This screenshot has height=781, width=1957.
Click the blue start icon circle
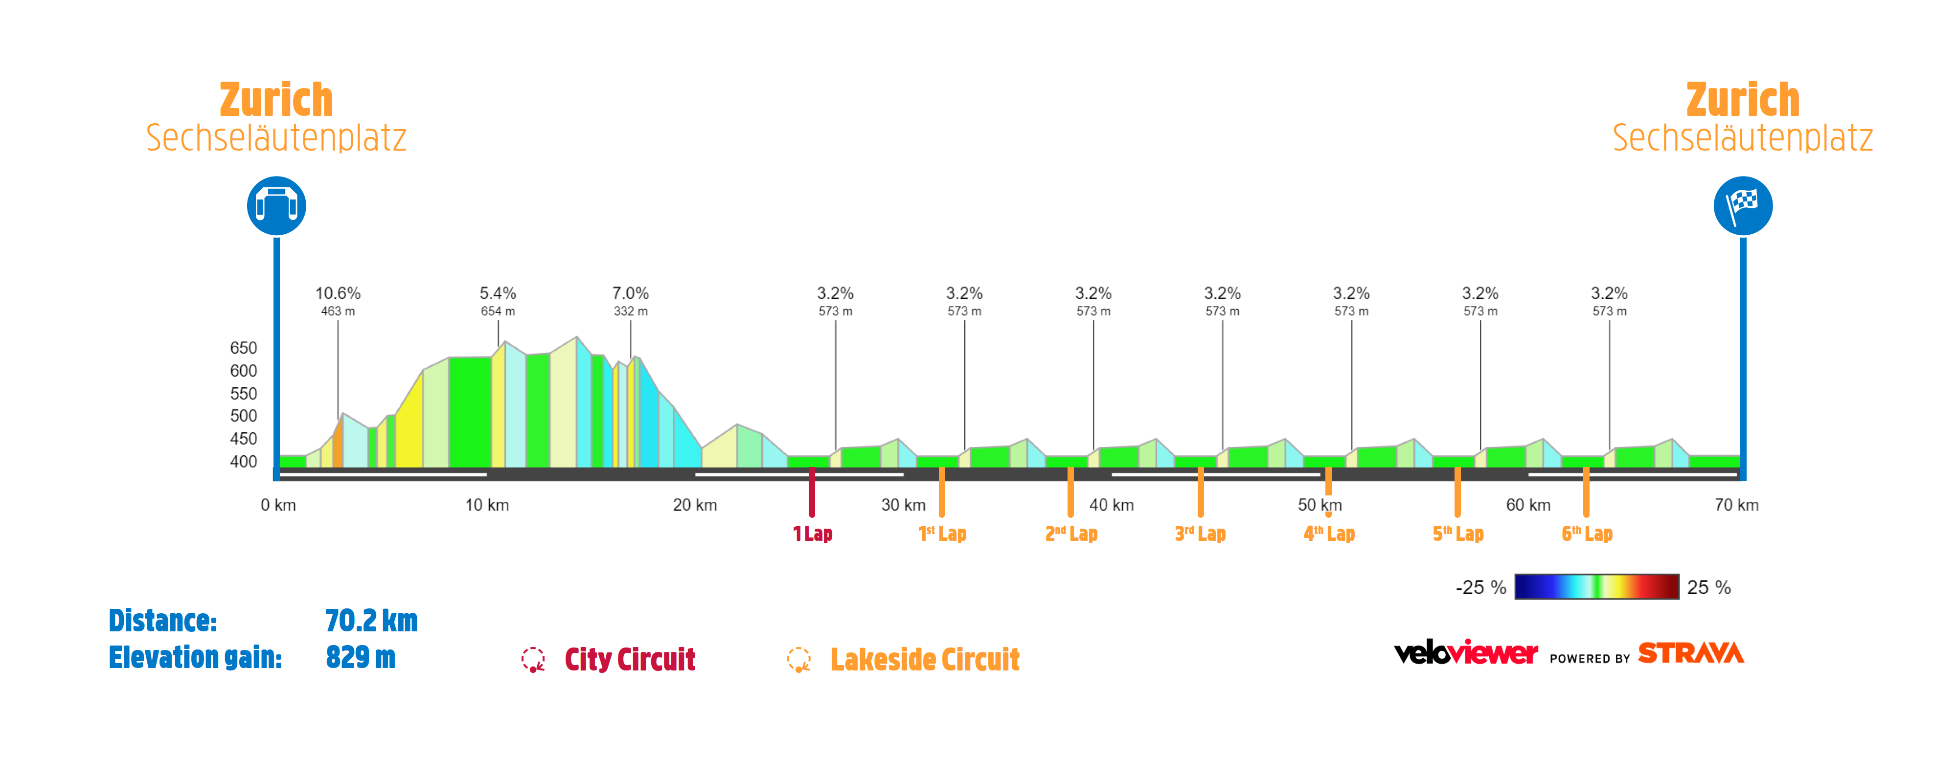[x=276, y=206]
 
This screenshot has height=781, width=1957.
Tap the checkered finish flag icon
[x=1742, y=206]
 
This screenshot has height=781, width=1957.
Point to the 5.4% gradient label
[x=498, y=293]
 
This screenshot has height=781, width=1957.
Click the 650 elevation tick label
[x=243, y=348]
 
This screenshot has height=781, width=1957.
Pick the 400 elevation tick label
[x=243, y=461]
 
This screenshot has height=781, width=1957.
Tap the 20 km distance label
[x=694, y=505]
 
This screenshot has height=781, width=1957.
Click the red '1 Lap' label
[x=812, y=534]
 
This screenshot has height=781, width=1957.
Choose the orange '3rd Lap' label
[x=1200, y=534]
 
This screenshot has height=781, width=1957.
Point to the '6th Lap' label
[x=1587, y=534]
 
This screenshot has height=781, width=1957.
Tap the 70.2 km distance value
[x=371, y=621]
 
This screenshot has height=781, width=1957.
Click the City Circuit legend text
[x=629, y=659]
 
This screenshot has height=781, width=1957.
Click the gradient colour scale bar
[x=1596, y=586]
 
